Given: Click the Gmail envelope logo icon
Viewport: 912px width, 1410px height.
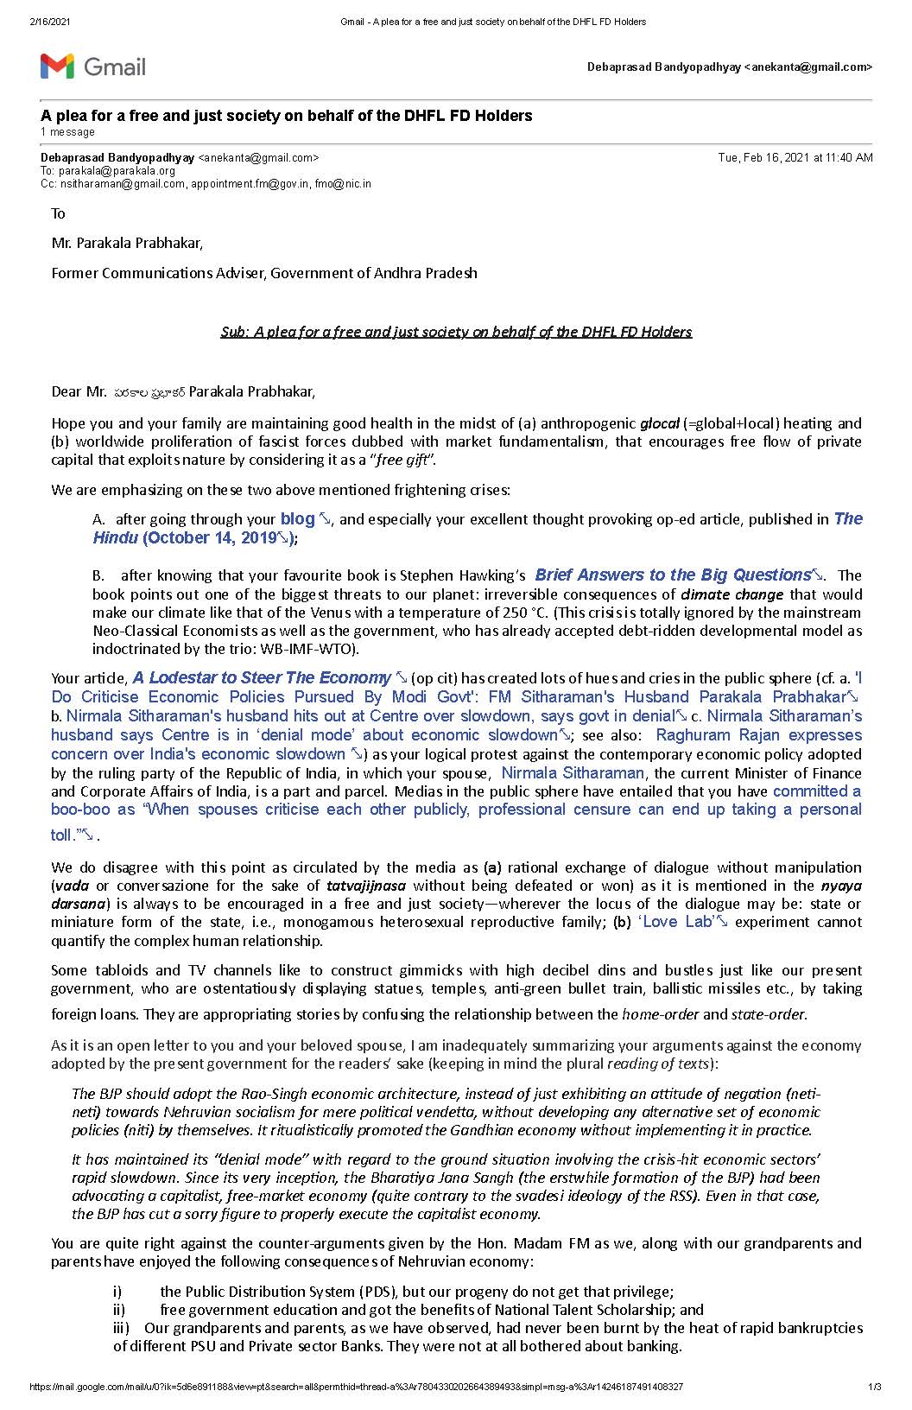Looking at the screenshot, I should pyautogui.click(x=57, y=66).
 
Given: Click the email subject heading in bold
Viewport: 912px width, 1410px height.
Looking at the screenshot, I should pyautogui.click(x=286, y=116).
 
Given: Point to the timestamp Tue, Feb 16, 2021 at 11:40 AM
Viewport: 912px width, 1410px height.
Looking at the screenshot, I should pyautogui.click(x=795, y=158).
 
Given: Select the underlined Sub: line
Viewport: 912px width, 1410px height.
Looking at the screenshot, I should pyautogui.click(x=456, y=332).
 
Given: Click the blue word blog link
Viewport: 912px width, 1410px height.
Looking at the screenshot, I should pyautogui.click(x=298, y=519).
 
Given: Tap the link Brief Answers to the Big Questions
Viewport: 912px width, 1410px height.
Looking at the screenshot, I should pyautogui.click(x=672, y=575).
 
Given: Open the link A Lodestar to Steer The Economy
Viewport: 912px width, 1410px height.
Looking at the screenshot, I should pyautogui.click(x=262, y=678).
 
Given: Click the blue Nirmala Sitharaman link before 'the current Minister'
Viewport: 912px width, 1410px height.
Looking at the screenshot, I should pyautogui.click(x=573, y=773).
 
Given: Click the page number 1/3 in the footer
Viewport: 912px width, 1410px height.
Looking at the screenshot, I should pyautogui.click(x=874, y=1388).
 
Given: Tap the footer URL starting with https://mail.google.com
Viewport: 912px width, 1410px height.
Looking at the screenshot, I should pyautogui.click(x=356, y=1388).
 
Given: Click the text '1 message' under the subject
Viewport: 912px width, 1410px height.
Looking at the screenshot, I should pyautogui.click(x=67, y=132).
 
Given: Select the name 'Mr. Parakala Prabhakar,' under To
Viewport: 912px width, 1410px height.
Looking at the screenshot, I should pyautogui.click(x=127, y=243).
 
